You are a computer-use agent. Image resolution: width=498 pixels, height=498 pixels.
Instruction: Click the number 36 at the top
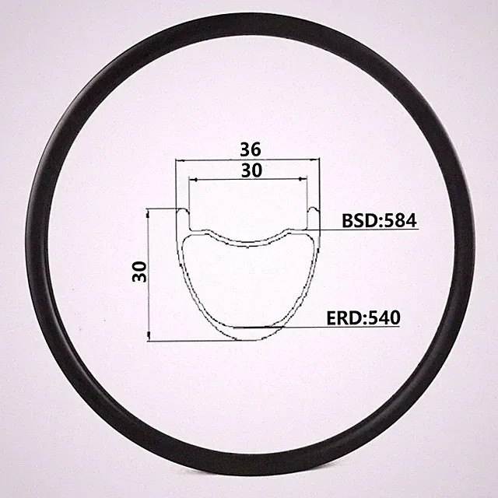tap(251, 149)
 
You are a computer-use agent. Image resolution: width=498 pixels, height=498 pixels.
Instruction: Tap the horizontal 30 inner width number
tap(251, 170)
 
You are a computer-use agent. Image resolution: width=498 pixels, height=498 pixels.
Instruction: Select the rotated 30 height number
tap(140, 272)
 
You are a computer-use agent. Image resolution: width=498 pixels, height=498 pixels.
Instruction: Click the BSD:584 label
tap(379, 220)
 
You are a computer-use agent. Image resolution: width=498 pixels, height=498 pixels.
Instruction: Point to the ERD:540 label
tap(363, 318)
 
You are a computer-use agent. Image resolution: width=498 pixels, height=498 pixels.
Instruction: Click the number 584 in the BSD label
tap(400, 220)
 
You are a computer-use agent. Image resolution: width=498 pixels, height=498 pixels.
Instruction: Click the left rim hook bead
tap(183, 212)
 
